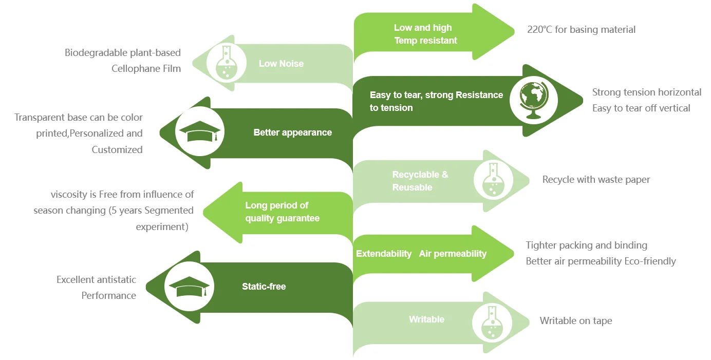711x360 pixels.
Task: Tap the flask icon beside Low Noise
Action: tap(224, 63)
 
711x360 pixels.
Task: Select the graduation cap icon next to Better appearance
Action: tap(199, 132)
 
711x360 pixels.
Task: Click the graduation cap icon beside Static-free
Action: tap(189, 287)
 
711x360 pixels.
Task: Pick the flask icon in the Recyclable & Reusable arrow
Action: tap(493, 180)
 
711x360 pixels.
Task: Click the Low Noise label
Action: tap(281, 64)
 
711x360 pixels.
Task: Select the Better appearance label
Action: tap(292, 132)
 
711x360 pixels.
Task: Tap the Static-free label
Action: tap(264, 287)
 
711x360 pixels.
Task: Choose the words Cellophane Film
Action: tap(146, 68)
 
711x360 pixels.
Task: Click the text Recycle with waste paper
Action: tap(596, 180)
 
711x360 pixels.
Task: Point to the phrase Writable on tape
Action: tap(575, 321)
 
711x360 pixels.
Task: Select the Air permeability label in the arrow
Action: tap(453, 254)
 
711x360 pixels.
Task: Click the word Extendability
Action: tap(384, 254)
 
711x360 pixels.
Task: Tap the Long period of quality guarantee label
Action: tap(282, 212)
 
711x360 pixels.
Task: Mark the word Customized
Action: tap(117, 150)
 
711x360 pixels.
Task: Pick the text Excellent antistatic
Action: tap(96, 280)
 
